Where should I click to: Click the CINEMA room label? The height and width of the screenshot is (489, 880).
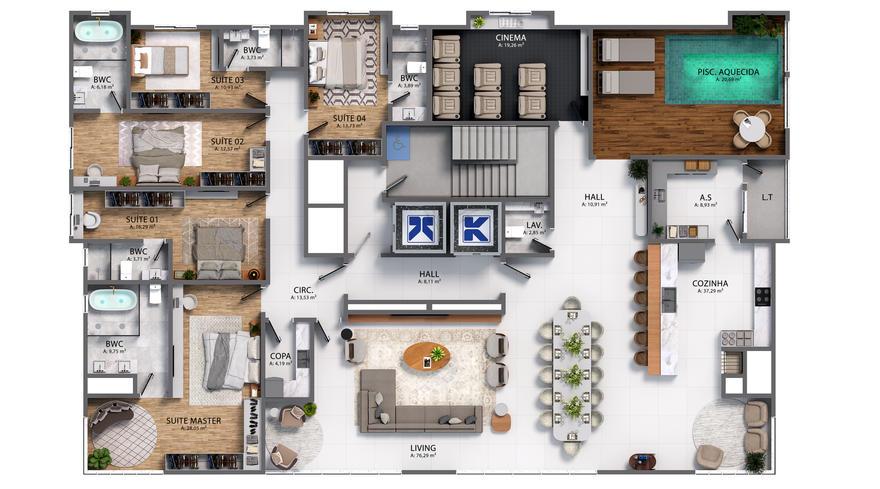[511, 38]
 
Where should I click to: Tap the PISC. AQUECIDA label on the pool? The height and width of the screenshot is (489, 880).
[728, 72]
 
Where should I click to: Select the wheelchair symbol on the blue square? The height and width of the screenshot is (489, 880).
[399, 143]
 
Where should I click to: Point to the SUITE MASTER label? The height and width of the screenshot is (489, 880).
[194, 421]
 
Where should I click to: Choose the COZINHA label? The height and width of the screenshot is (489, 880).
[710, 284]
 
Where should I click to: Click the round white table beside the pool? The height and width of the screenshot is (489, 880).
[752, 129]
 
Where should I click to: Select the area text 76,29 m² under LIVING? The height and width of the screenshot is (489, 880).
[423, 456]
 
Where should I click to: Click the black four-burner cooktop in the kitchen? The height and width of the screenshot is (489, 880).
[763, 297]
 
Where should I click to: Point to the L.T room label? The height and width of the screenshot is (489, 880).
[767, 198]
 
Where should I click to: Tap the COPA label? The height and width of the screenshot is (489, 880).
[280, 356]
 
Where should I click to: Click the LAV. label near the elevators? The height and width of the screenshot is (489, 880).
[534, 225]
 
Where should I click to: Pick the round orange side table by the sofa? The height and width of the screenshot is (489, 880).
[501, 422]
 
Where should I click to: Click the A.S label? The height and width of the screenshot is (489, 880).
[705, 198]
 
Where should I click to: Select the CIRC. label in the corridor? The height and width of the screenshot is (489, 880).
[303, 290]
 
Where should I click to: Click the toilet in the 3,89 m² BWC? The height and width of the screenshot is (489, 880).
[417, 67]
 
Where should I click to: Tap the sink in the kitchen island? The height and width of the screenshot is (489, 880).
[669, 300]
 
